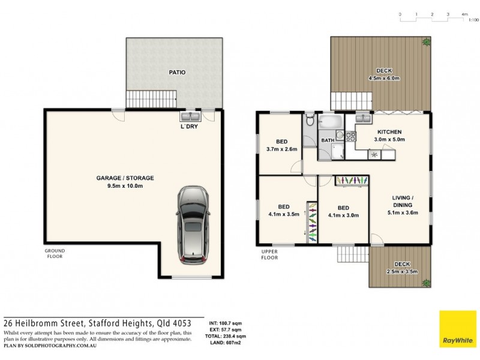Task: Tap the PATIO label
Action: [177, 73]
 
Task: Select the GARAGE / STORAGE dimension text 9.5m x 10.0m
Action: [125, 186]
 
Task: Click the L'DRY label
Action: [190, 127]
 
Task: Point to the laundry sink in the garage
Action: [190, 116]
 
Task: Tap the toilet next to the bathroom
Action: [310, 121]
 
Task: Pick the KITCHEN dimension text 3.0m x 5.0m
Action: [389, 139]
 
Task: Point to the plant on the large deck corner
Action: [425, 42]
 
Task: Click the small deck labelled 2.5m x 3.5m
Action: [402, 268]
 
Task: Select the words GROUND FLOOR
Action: [54, 253]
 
